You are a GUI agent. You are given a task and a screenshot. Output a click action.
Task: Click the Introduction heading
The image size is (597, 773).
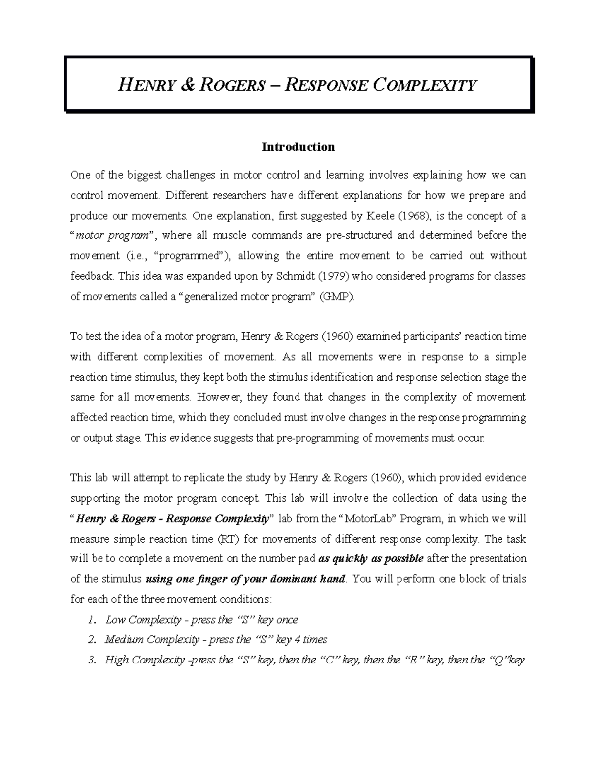pyautogui.click(x=298, y=147)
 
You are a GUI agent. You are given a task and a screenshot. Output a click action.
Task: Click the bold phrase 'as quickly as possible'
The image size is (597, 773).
pyautogui.click(x=371, y=559)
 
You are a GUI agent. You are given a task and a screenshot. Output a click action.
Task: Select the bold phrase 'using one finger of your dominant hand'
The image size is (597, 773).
pyautogui.click(x=245, y=579)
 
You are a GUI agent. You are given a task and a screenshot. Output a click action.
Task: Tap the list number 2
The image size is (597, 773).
pyautogui.click(x=91, y=640)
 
